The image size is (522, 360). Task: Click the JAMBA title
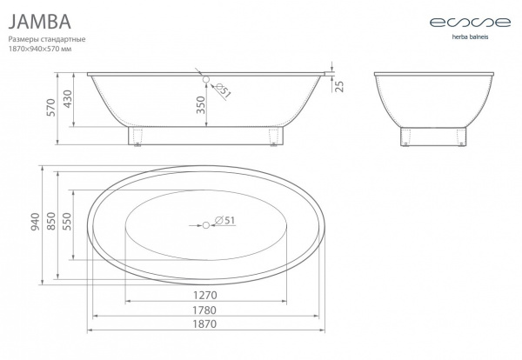pos(40,22)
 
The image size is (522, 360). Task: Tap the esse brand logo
pos(470,23)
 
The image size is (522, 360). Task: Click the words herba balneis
pos(470,37)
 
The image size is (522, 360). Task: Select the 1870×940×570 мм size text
pos(40,49)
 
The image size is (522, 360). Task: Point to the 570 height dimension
pos(51,107)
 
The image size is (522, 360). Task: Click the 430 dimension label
pos(68,99)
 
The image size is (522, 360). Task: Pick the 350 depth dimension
pos(201,104)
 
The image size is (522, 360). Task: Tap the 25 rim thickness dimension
pos(339,86)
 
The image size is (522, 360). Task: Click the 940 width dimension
pos(36,222)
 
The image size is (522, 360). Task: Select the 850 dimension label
pos(51,221)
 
